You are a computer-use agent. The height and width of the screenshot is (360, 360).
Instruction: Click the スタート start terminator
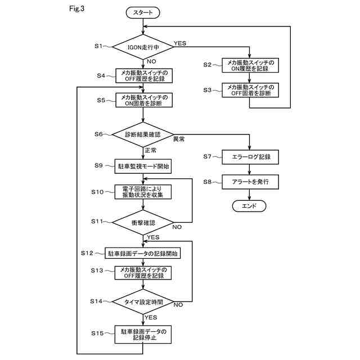pyautogui.click(x=143, y=12)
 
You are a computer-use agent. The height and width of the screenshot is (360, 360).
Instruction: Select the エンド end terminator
pyautogui.click(x=249, y=206)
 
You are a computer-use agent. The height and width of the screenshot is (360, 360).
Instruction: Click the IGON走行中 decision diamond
pyautogui.click(x=143, y=47)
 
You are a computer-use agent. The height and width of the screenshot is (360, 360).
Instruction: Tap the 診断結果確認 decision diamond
pyautogui.click(x=143, y=134)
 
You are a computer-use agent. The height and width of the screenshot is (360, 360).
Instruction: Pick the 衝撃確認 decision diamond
pyautogui.click(x=143, y=223)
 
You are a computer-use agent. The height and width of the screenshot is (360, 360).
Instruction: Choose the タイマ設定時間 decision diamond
pyautogui.click(x=143, y=301)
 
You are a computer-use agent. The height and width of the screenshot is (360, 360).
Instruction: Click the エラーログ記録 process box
pyautogui.click(x=250, y=157)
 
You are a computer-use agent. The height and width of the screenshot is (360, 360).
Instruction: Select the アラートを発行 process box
pyautogui.click(x=250, y=182)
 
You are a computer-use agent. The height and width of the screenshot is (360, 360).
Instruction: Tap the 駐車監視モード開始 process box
pyautogui.click(x=143, y=166)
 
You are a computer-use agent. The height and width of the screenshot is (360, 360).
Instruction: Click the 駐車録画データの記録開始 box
pyautogui.click(x=142, y=253)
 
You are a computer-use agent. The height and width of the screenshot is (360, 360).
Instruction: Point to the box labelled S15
pyautogui.click(x=143, y=334)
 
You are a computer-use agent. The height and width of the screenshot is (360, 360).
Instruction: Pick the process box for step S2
pyautogui.click(x=250, y=65)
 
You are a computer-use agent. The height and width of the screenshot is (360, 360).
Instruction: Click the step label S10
pyautogui.click(x=97, y=192)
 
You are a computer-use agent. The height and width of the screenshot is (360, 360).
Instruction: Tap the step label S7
pyautogui.click(x=208, y=156)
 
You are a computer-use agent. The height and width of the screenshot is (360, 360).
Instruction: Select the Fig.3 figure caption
pyautogui.click(x=77, y=9)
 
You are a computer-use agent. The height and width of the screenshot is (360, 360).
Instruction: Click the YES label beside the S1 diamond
pyautogui.click(x=180, y=43)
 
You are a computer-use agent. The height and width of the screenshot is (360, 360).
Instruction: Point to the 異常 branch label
pyautogui.click(x=179, y=139)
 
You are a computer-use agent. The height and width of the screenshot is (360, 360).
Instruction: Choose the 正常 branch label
pyautogui.click(x=150, y=150)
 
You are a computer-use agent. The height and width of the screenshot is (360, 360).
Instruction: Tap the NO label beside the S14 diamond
pyautogui.click(x=178, y=305)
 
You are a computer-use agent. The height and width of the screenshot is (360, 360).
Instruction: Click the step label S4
pyautogui.click(x=101, y=75)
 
